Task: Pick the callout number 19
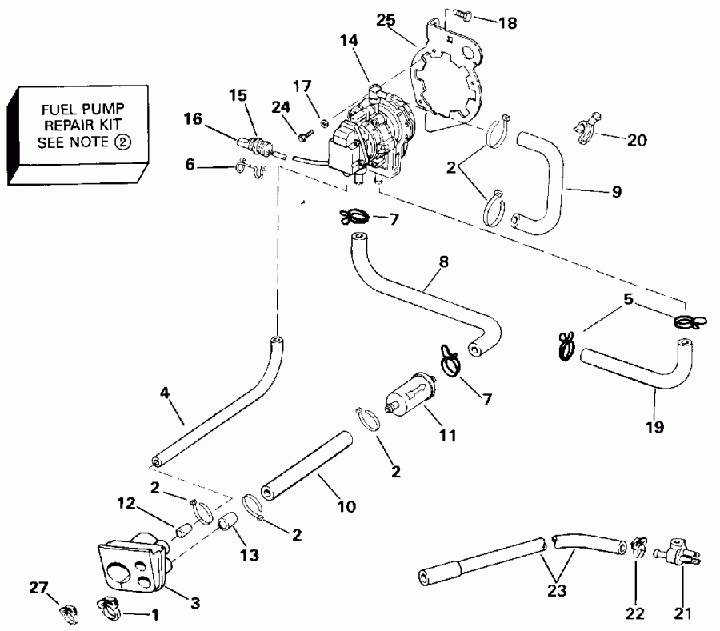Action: pos(654,428)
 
